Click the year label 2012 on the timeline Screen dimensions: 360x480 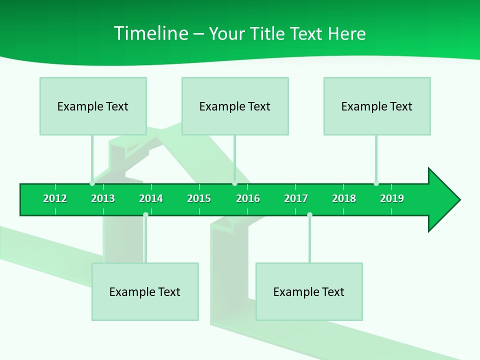click(55, 198)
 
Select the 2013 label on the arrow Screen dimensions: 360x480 click(103, 198)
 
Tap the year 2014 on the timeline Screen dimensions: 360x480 click(151, 198)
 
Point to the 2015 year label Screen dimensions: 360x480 click(199, 198)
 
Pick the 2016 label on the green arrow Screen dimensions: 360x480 click(248, 198)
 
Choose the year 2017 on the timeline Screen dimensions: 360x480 click(296, 198)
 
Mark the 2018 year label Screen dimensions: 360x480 click(344, 198)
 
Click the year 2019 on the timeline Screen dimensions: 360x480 click(392, 198)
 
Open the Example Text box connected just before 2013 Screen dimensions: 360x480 click(93, 106)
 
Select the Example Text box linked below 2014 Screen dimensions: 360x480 click(145, 291)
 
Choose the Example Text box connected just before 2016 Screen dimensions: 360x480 click(235, 106)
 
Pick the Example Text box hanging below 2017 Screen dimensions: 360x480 click(309, 291)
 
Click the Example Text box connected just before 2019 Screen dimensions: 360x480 click(377, 106)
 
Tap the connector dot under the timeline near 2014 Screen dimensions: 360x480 click(145, 214)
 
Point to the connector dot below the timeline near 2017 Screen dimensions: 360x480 click(309, 214)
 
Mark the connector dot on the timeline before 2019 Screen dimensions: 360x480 click(376, 183)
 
